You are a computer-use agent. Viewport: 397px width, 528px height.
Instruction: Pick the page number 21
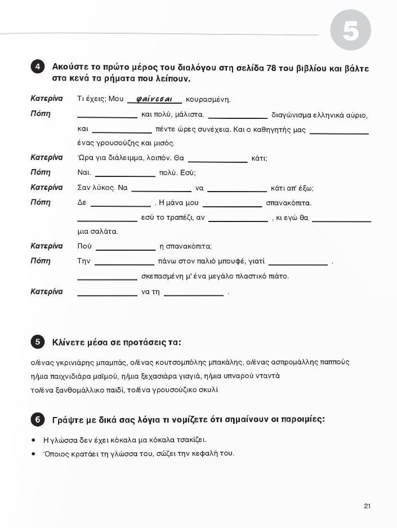(x=367, y=506)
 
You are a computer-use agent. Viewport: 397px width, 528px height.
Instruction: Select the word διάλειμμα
(x=127, y=158)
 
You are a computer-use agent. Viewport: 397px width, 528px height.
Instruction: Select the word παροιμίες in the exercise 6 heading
(x=304, y=420)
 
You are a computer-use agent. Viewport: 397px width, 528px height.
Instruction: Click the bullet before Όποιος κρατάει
(x=34, y=454)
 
